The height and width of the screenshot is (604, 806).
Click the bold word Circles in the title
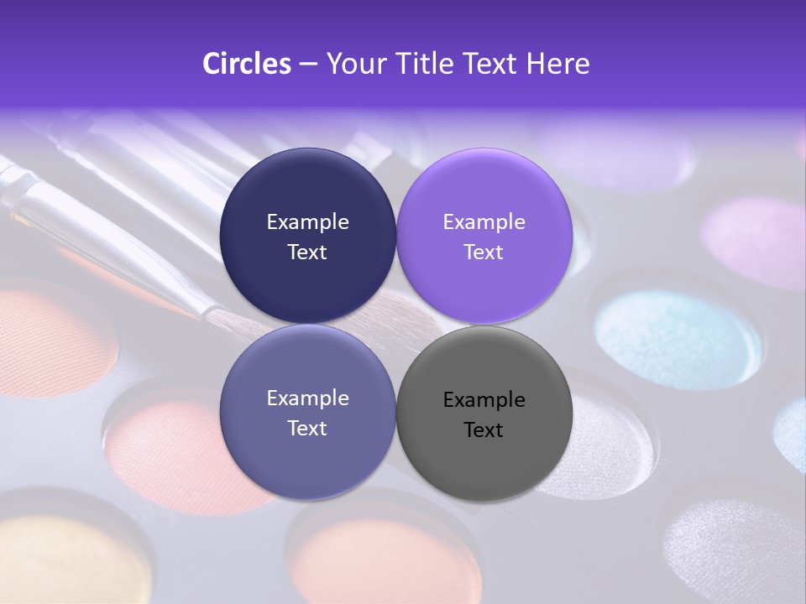(246, 64)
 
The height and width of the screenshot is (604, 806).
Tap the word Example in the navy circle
(307, 222)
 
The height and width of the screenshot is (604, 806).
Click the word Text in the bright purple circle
(484, 253)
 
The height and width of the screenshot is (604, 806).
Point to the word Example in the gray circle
(484, 400)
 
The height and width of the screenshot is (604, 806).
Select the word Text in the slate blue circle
(307, 429)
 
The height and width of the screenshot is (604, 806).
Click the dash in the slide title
(308, 64)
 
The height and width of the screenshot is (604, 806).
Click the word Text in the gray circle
(484, 430)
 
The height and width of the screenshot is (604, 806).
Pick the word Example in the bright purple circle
(484, 222)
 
